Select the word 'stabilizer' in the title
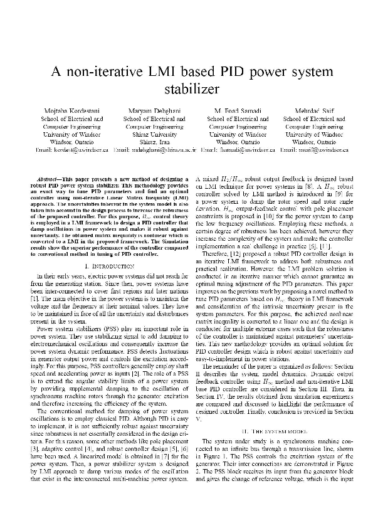186,90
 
